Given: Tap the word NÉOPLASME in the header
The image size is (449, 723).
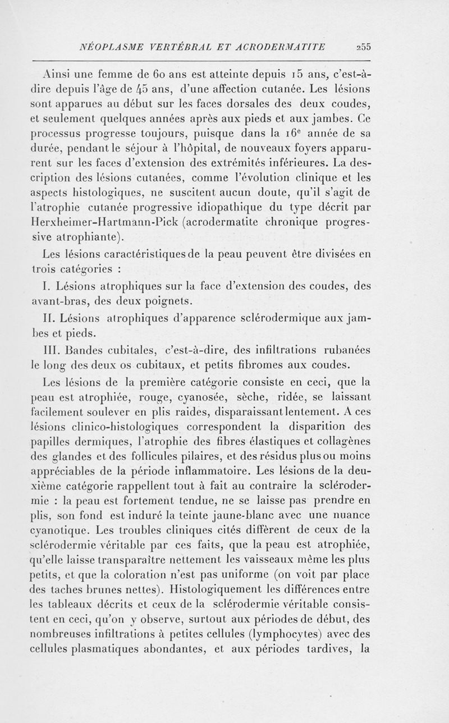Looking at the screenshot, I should click(x=112, y=46).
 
